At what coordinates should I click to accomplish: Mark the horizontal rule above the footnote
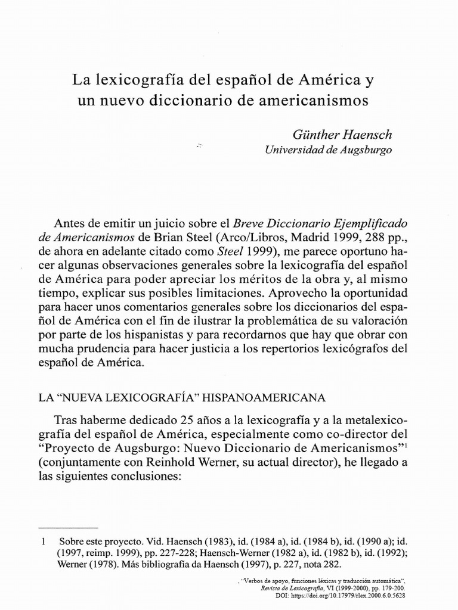67,527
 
